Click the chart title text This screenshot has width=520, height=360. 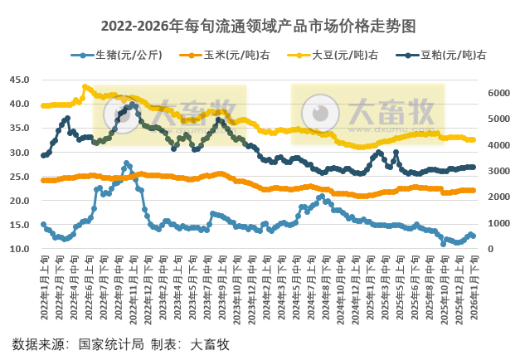click(x=259, y=26)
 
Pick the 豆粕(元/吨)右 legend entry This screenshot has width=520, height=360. click(x=453, y=56)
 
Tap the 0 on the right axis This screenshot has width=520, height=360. click(x=491, y=250)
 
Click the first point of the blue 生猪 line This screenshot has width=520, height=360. click(x=43, y=224)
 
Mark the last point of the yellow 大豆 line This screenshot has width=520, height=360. click(x=473, y=139)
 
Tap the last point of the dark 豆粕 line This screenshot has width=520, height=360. click(x=473, y=167)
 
